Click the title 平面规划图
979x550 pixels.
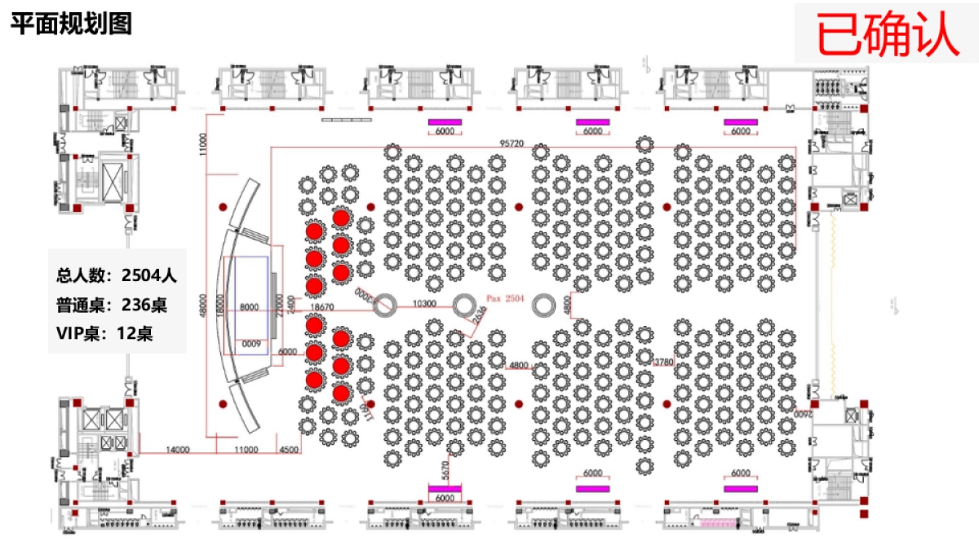[71, 24]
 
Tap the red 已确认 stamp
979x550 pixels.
[888, 33]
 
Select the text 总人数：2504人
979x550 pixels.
[117, 275]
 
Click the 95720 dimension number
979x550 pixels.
[512, 143]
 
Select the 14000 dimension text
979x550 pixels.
[178, 449]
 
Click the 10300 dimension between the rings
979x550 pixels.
[424, 304]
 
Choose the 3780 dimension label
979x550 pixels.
[664, 360]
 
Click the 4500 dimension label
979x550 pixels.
[289, 449]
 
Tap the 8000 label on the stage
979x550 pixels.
[250, 307]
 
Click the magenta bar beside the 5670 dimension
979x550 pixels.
[445, 488]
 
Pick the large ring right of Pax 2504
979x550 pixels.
[543, 306]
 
